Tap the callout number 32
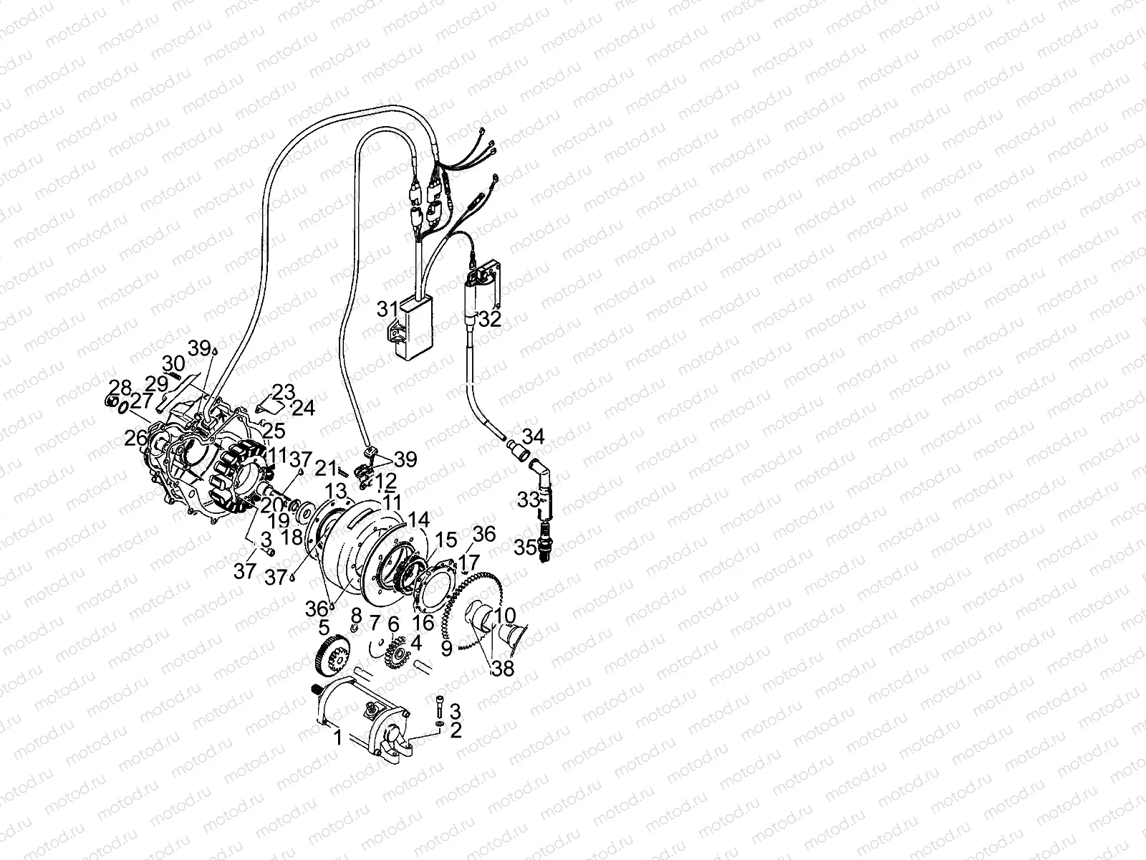[x=491, y=320]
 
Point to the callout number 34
[x=533, y=435]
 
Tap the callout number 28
[x=120, y=388]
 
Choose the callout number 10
[x=504, y=616]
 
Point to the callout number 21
[x=327, y=468]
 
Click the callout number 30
[x=173, y=363]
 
